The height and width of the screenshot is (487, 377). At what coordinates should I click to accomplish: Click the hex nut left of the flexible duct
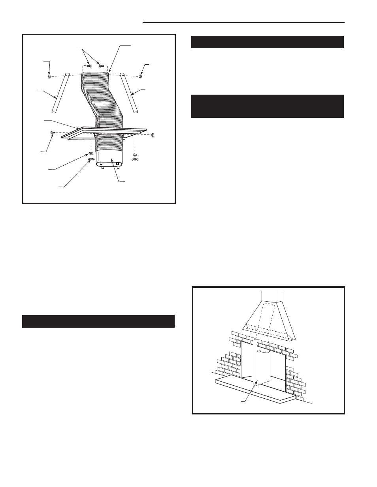coord(49,76)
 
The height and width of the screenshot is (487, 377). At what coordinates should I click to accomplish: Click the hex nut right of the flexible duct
coord(141,76)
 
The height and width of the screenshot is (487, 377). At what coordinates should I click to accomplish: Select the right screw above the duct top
coord(101,65)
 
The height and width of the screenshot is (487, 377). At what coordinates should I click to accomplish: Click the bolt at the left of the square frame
coord(53,132)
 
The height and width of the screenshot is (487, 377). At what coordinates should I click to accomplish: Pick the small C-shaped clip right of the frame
coord(153,134)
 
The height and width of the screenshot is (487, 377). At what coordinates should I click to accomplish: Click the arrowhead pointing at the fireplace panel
coord(257,382)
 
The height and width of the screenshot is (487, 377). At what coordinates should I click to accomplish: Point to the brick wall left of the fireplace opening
coord(228,363)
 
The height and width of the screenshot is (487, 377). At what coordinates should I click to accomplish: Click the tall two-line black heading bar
coord(267,106)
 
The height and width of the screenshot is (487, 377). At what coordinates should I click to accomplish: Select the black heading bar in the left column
coord(98,321)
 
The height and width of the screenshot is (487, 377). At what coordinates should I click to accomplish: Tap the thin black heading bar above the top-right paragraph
coord(267,42)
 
